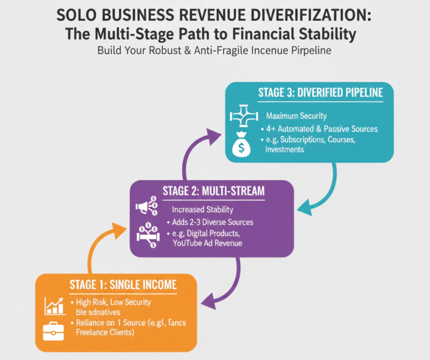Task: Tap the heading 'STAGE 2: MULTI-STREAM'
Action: (213, 190)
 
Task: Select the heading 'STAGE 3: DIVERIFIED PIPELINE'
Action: (320, 92)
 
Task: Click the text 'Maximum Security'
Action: (296, 116)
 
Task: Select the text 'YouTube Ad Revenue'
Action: (207, 243)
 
